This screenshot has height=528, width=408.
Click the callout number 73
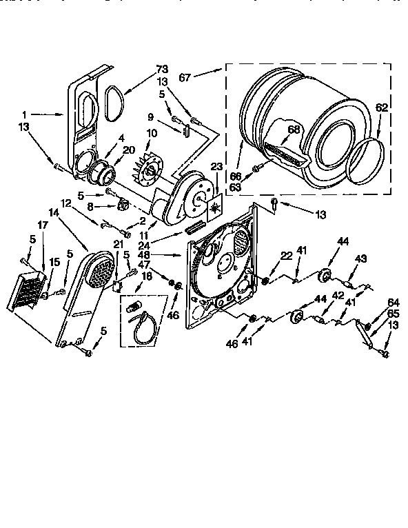pyautogui.click(x=162, y=69)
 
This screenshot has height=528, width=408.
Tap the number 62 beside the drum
pyautogui.click(x=382, y=107)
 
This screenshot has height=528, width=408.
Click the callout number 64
pyautogui.click(x=394, y=301)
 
